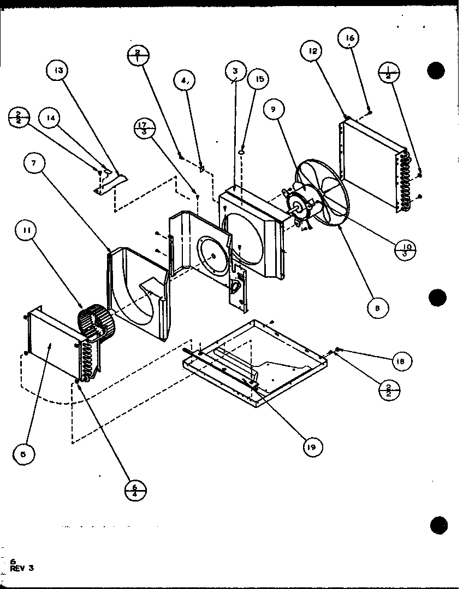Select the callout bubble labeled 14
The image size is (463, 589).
click(x=51, y=118)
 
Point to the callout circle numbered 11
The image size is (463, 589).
click(x=26, y=231)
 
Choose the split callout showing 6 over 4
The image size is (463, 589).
click(x=135, y=488)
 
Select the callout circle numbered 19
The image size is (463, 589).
click(x=312, y=447)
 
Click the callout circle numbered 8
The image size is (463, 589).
click(x=377, y=307)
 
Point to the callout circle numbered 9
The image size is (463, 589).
click(x=274, y=109)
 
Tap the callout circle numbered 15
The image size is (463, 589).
click(x=259, y=79)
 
